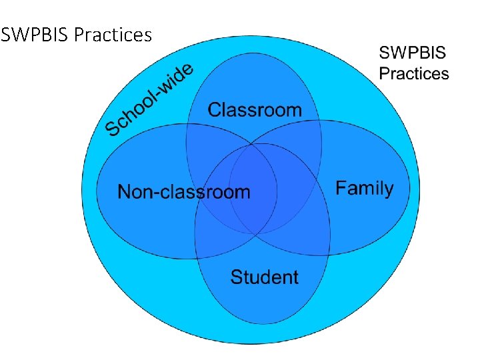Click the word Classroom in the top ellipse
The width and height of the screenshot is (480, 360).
point(255,110)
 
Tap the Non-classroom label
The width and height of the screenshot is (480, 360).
point(183,193)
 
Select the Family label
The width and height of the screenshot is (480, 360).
point(364,189)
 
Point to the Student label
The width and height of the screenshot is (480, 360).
point(264,277)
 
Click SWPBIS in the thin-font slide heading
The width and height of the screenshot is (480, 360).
point(35,34)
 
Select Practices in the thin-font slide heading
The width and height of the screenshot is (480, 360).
point(113,34)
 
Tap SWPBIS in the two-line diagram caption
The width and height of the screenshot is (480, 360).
point(413,53)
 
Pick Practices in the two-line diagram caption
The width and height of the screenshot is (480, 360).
point(414,73)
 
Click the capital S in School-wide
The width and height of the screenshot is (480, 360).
point(113,126)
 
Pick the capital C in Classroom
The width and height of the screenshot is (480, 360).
point(215,110)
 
